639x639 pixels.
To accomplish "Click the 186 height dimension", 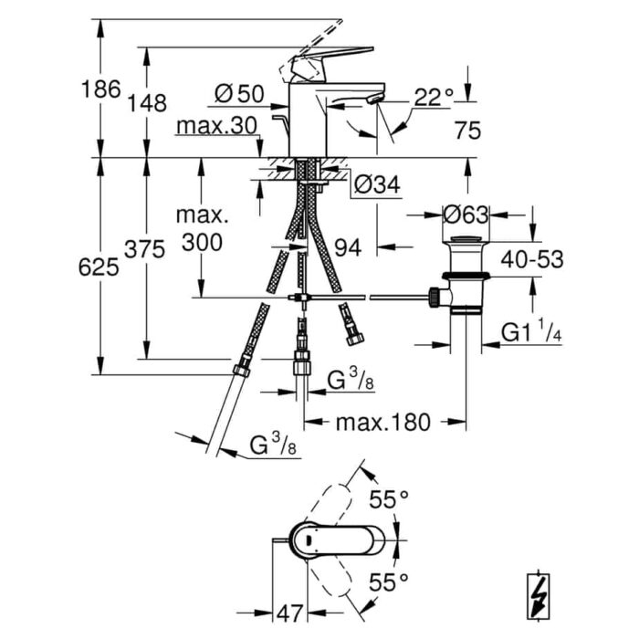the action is (101, 89).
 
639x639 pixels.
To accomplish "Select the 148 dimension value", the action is (147, 102).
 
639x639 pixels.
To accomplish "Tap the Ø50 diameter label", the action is (239, 94).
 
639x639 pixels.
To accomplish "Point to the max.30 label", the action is (217, 126).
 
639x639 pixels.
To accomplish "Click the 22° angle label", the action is (434, 98).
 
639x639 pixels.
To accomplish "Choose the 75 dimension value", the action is (467, 131).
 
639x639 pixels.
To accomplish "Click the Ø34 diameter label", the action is (377, 184).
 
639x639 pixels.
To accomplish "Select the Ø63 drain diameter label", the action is (466, 215).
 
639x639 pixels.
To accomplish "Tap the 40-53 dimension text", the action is (532, 258).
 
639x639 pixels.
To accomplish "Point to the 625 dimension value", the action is (99, 267).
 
